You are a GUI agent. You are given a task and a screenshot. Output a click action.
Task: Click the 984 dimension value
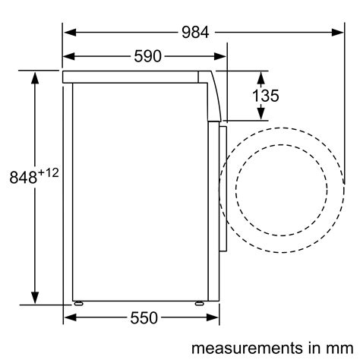[x=195, y=33]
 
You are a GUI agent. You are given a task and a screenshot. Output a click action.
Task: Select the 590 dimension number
[x=147, y=56]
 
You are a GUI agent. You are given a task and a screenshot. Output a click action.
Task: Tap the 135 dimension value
[x=266, y=96]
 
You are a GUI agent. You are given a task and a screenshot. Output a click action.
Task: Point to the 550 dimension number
[x=144, y=318]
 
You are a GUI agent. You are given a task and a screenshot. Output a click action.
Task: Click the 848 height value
[x=24, y=178]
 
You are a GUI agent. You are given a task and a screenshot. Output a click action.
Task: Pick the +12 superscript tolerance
[x=48, y=173]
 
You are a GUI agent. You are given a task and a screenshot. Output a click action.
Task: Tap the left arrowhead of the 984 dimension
[x=70, y=33]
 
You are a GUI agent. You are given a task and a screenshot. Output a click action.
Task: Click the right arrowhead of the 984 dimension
[x=337, y=33]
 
